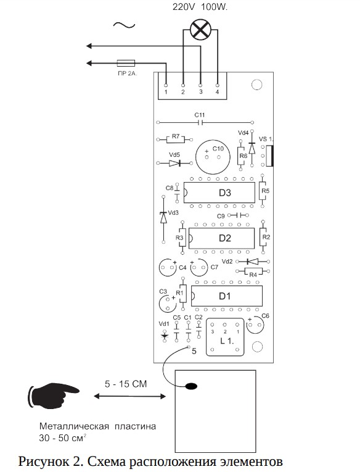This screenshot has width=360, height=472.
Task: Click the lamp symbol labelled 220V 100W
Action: click(x=200, y=30)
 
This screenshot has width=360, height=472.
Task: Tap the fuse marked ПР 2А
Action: click(x=126, y=63)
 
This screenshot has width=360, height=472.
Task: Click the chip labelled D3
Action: click(x=219, y=193)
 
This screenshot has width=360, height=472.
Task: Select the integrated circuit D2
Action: click(x=221, y=238)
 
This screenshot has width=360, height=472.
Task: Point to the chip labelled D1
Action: click(x=227, y=296)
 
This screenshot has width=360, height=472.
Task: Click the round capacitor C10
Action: click(x=213, y=157)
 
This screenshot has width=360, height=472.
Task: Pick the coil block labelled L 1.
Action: click(x=225, y=337)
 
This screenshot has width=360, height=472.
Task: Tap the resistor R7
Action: click(x=175, y=139)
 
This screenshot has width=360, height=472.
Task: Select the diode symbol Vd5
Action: click(x=175, y=163)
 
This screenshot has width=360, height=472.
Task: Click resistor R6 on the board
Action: click(x=240, y=155)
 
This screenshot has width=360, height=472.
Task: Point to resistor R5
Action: click(x=263, y=191)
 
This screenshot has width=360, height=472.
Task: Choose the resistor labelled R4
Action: click(x=253, y=271)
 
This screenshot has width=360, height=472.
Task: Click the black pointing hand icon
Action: click(x=54, y=395)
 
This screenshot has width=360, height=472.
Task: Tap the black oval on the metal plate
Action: click(x=191, y=386)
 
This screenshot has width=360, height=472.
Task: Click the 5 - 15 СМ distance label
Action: click(x=126, y=384)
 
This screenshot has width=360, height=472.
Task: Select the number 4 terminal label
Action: click(x=217, y=92)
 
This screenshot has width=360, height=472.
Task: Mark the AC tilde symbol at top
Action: click(x=124, y=25)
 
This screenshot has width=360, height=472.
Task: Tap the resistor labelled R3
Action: click(x=182, y=237)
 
